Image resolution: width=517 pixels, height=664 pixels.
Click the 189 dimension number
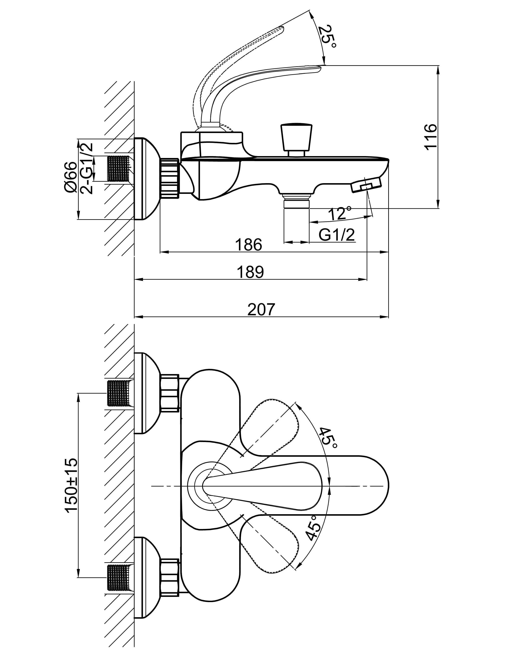[250, 272]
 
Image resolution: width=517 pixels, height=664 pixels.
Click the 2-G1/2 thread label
[87, 168]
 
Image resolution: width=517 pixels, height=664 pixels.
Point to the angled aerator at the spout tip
[366, 185]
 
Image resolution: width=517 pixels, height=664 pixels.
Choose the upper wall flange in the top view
[147, 393]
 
